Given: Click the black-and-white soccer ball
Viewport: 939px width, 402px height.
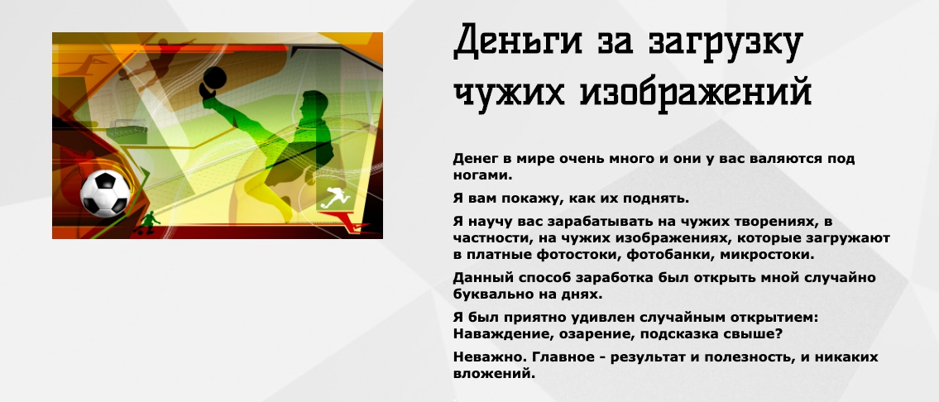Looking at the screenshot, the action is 105,194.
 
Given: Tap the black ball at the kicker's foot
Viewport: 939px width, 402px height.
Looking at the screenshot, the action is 213,79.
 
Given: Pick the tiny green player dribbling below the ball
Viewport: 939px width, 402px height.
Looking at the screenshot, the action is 149,223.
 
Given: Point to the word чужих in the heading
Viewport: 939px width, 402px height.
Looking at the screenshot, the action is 510,92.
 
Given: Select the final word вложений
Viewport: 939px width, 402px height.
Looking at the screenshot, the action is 493,373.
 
